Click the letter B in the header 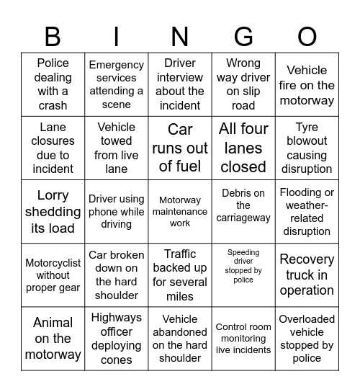pos(53,37)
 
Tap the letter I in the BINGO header pos(117,37)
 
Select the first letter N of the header pos(180,37)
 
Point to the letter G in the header pos(243,37)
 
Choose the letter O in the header pos(307,37)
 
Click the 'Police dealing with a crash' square pos(53,84)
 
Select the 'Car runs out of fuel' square pos(180,148)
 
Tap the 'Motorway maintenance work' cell pos(180,212)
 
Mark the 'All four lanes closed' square pos(243,148)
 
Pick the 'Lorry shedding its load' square pos(53,212)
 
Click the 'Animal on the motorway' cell pos(53,339)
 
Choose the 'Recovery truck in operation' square pos(307,275)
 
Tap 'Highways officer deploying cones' pos(117,339)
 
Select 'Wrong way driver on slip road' pos(243,84)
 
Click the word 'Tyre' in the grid pos(307,127)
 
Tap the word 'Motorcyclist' pos(53,262)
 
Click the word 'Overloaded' pos(307,318)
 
